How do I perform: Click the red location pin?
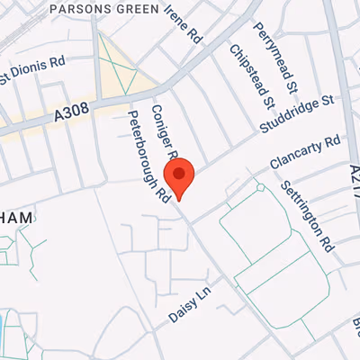tap(179, 176)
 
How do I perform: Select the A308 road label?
tap(73, 112)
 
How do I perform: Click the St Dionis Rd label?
tap(32, 69)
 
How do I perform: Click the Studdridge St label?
tap(297, 109)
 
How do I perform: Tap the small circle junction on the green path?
tap(260, 188)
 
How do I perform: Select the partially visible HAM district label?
tap(18, 217)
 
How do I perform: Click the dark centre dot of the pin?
tap(179, 172)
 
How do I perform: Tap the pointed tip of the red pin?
tap(179, 200)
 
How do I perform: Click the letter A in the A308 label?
tap(59, 116)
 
